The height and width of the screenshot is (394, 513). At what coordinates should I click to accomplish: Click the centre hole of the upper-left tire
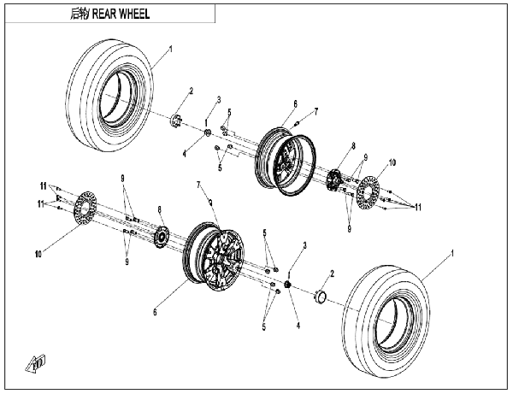(x=115, y=91)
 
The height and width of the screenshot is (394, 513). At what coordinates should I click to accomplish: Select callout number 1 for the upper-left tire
(x=170, y=50)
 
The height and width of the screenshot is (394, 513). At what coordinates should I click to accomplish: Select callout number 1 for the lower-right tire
(x=453, y=254)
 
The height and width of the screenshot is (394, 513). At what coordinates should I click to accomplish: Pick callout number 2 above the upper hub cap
(x=191, y=91)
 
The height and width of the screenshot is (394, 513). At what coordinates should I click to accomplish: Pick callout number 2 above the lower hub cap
(x=333, y=273)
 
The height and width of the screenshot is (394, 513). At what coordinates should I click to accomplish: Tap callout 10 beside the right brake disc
(x=392, y=162)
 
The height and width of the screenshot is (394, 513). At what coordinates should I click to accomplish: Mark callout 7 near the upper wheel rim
(x=315, y=111)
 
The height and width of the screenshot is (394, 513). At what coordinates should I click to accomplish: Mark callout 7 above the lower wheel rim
(x=199, y=184)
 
